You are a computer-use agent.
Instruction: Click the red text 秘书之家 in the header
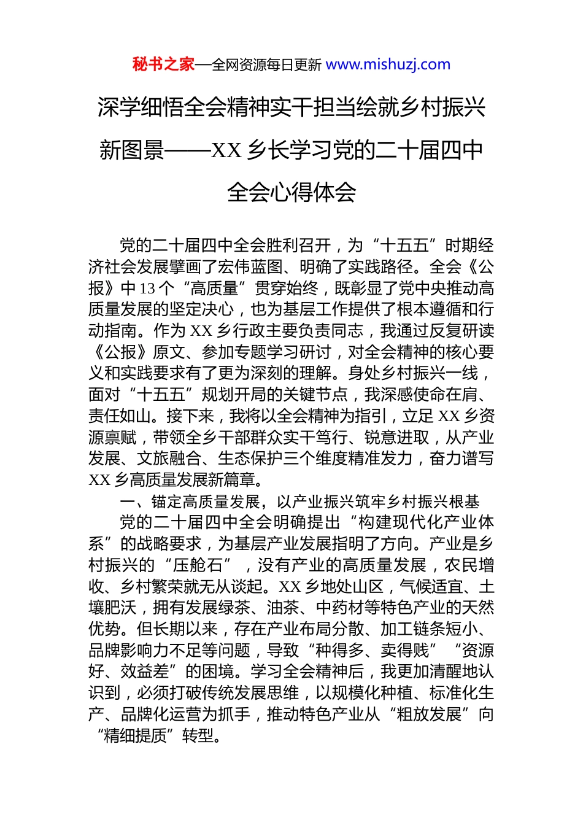click(163, 64)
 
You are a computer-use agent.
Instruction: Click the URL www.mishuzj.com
click(388, 64)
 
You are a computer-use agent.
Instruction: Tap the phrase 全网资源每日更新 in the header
click(266, 65)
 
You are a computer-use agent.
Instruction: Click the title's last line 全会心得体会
click(291, 192)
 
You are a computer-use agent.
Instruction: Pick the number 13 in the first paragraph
click(147, 289)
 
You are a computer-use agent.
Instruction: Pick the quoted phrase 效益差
click(145, 672)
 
